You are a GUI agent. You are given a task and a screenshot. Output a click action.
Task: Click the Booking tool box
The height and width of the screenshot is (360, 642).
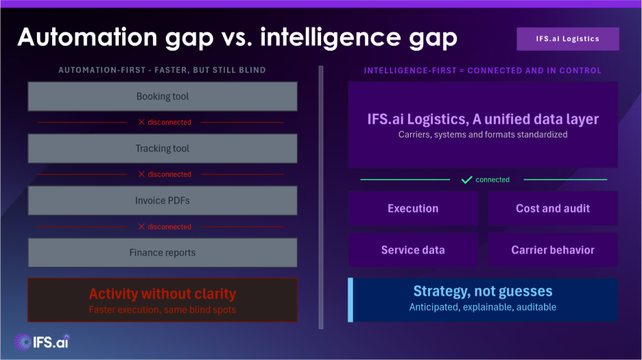163,96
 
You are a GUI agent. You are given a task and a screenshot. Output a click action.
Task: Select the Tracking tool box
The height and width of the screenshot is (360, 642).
163,148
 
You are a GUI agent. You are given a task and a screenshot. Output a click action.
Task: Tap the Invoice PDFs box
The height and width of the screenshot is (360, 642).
163,201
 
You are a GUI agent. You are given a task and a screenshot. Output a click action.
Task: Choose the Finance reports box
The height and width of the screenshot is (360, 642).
163,253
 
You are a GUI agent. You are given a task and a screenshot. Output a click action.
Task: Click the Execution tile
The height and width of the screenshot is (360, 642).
413,208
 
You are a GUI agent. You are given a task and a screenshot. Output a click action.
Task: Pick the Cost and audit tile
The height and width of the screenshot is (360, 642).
553,208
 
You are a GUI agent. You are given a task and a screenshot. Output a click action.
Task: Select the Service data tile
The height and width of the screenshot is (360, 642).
413,250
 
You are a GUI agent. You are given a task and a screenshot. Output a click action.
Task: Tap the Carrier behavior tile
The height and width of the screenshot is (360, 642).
553,250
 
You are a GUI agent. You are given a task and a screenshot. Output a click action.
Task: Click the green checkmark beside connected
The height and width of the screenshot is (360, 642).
467,180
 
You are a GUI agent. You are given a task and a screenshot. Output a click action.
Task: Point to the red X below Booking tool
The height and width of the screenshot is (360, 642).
141,122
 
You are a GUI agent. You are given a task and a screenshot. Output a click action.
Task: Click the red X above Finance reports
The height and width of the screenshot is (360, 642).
141,226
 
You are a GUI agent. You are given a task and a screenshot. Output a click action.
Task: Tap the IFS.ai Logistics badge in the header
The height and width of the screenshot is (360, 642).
568,39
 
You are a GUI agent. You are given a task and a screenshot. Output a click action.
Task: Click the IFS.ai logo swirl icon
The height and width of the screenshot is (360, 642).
23,341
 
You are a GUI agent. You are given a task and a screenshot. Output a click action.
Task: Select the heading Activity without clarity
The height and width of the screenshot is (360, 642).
163,293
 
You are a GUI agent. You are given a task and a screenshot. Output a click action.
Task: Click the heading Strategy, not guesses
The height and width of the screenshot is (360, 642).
483,291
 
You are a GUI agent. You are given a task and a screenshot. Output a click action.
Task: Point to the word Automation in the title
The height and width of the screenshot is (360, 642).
87,37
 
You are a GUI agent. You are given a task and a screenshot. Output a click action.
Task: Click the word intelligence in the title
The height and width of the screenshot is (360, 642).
331,38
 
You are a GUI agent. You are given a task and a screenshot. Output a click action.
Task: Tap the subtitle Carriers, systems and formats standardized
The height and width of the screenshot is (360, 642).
483,134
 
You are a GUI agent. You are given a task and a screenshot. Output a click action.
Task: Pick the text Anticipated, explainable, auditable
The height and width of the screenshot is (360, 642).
483,307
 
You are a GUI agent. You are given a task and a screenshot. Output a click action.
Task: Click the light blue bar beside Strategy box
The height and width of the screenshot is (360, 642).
350,300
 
